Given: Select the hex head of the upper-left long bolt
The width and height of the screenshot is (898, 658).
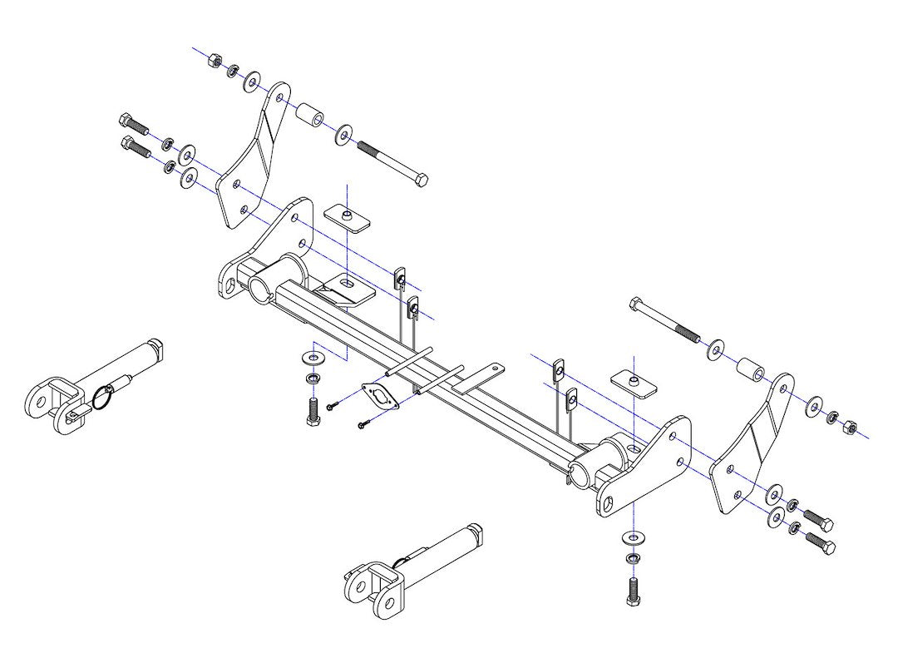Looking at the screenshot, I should coord(422,181).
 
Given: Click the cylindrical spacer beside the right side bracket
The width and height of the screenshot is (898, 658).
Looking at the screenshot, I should coord(750,369).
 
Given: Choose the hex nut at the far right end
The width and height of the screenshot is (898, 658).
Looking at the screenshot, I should coord(850,428).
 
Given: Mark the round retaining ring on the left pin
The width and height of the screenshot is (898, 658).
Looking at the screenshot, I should coord(103,399).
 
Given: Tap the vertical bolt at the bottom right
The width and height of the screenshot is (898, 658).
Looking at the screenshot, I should coord(633,590).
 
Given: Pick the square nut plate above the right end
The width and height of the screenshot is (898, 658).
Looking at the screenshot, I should coord(634,383).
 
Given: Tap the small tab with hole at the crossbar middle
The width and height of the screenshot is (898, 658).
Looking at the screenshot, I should coord(491,369).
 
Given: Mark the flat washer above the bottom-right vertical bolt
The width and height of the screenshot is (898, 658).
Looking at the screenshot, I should coord(634,536).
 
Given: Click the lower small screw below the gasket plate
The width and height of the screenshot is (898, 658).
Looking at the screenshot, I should coord(363,425).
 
